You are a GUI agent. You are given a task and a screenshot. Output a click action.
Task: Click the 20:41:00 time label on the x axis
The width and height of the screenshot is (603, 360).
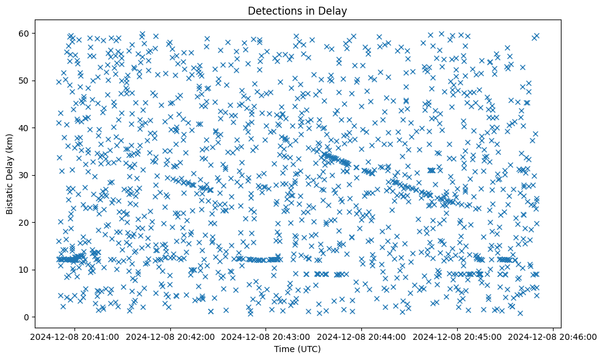tap(74, 336)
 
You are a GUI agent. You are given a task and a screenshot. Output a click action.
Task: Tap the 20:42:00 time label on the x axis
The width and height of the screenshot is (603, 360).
tap(170, 336)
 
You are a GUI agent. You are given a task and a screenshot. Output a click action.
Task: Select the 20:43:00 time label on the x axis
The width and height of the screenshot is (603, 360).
tap(266, 336)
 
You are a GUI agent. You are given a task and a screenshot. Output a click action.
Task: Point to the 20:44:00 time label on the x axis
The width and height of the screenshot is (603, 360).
tap(362, 336)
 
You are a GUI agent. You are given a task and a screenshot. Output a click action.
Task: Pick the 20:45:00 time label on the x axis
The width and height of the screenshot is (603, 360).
tap(458, 336)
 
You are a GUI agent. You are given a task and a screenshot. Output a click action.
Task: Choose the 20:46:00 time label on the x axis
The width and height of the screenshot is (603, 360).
tap(554, 336)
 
